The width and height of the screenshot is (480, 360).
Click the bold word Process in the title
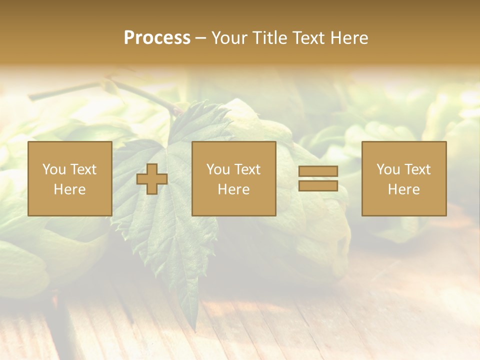point(157,37)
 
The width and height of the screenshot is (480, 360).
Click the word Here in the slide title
point(349,37)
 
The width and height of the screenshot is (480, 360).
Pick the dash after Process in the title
point(201,38)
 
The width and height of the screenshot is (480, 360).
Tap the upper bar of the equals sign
point(318,171)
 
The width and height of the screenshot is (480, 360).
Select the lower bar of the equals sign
point(318,185)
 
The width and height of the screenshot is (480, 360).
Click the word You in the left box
point(54,169)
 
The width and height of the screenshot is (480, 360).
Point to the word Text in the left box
point(82,169)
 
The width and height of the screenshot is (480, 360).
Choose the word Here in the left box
point(69,189)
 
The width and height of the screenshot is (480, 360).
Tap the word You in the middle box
point(218,169)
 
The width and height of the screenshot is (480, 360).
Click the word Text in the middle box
point(247,169)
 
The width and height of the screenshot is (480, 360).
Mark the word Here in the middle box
point(233,189)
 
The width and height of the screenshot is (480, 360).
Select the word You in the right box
point(388,169)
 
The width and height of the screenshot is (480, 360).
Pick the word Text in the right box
point(417,169)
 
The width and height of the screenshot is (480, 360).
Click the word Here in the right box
point(403,189)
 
